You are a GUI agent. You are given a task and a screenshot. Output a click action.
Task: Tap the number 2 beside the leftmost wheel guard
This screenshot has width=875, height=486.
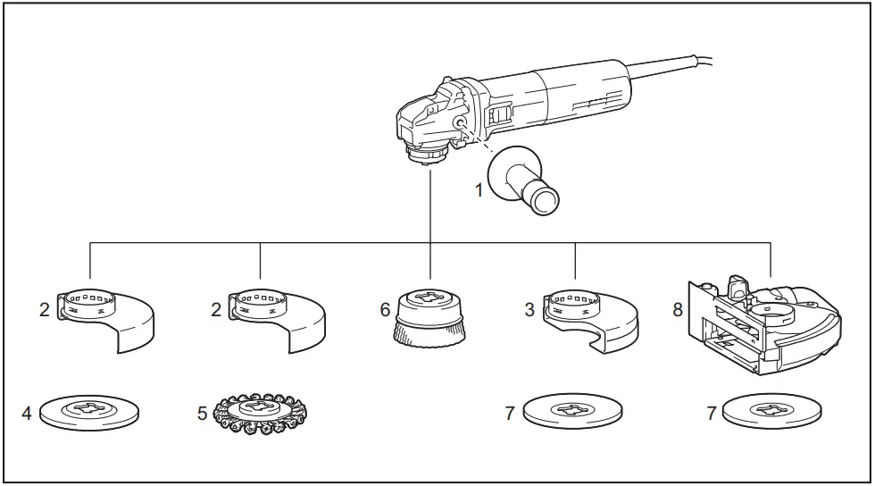click(43, 310)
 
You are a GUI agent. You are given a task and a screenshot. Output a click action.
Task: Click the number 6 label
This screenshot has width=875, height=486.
click(385, 310)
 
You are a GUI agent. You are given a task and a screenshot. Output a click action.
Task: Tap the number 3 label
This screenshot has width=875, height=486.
click(531, 310)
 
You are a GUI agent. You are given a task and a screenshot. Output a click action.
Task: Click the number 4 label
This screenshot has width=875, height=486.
click(27, 414)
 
